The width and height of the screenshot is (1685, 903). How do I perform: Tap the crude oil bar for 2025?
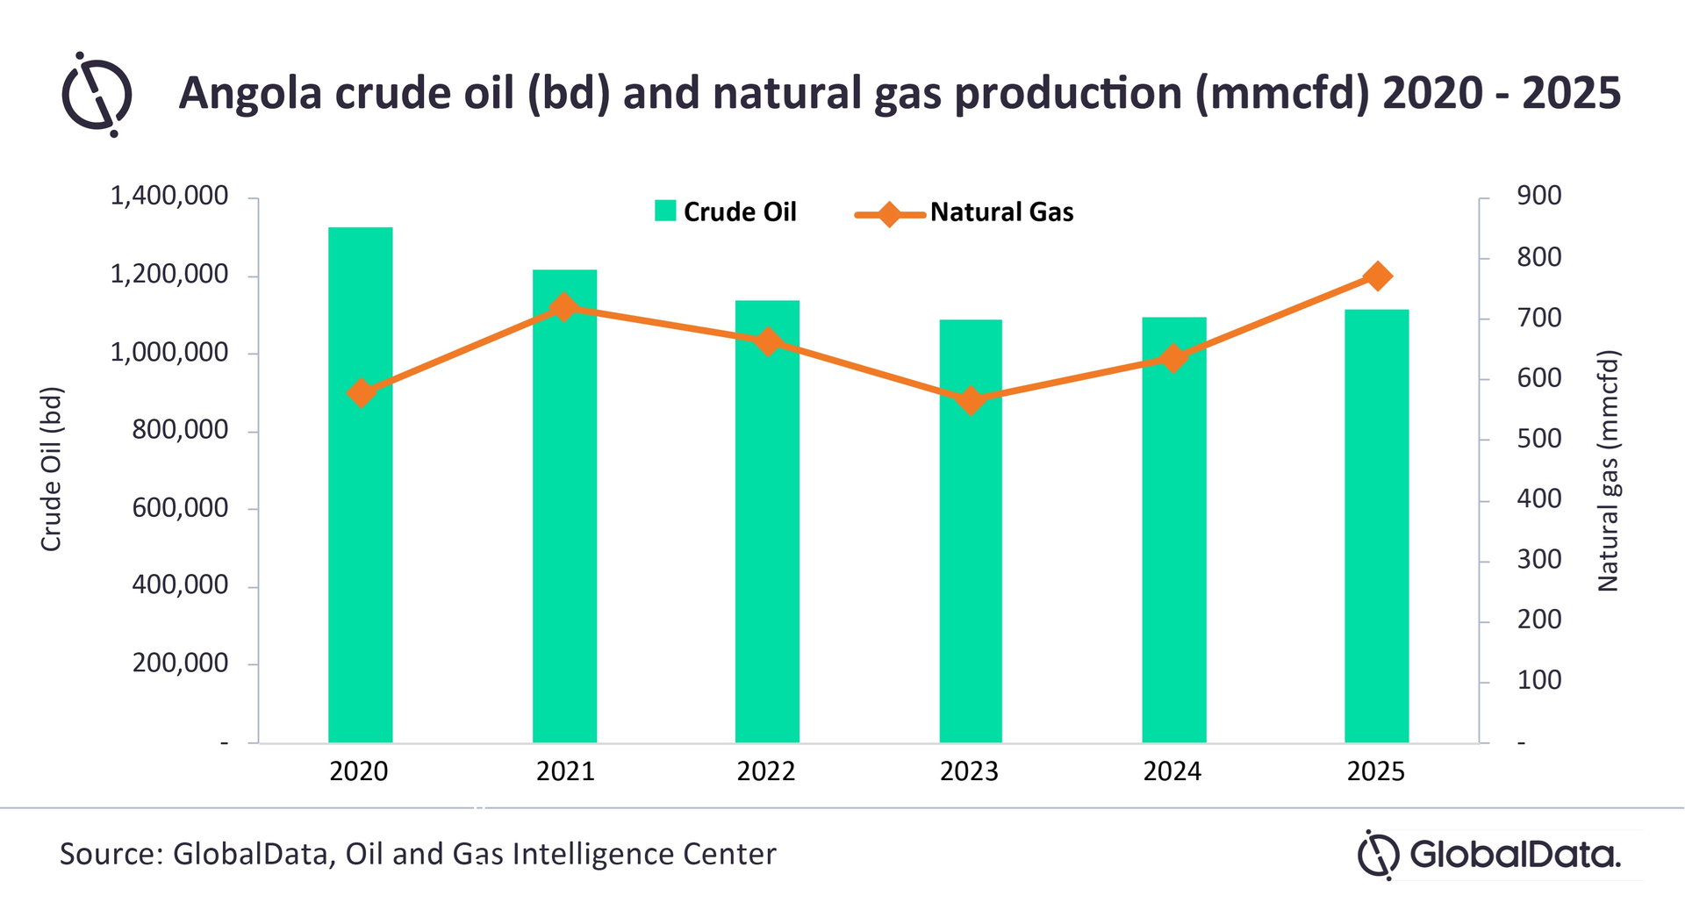(x=1376, y=526)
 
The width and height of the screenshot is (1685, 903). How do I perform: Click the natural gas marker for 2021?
(x=563, y=307)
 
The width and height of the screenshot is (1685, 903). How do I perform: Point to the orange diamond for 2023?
(x=971, y=401)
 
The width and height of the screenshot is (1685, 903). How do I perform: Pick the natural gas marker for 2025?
(x=1378, y=276)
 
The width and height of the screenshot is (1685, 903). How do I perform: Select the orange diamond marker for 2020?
(x=361, y=392)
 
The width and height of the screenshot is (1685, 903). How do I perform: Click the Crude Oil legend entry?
(x=726, y=211)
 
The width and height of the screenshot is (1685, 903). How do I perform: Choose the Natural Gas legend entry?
(x=965, y=212)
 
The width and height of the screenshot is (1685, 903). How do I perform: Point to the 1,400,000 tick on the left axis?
(x=168, y=197)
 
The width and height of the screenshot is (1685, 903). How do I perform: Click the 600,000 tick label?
(x=180, y=508)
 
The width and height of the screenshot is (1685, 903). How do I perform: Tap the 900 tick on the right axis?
(x=1538, y=197)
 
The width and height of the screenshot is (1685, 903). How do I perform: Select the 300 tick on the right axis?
(x=1538, y=560)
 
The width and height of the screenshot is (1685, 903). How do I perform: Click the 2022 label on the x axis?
(x=765, y=771)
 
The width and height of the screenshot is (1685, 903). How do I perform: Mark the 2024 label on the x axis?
(x=1172, y=771)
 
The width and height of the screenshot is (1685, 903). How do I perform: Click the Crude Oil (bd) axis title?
(x=52, y=469)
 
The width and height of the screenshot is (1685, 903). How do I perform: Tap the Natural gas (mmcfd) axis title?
(x=1608, y=471)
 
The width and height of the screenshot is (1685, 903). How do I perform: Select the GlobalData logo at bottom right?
(x=1489, y=854)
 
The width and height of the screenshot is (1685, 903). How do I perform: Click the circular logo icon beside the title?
(x=97, y=94)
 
